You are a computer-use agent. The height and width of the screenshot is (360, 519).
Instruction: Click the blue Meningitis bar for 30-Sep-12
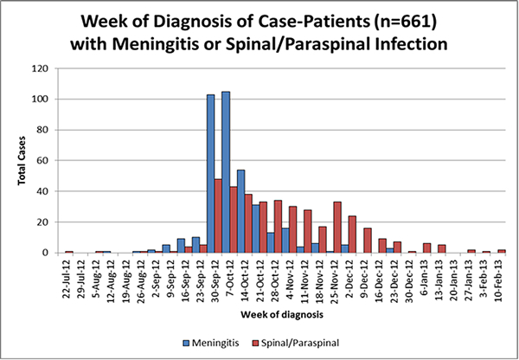210,173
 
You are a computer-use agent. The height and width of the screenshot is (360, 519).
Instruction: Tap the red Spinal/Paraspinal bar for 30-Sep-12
218,215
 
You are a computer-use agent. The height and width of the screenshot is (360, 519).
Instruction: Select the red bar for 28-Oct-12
278,226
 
